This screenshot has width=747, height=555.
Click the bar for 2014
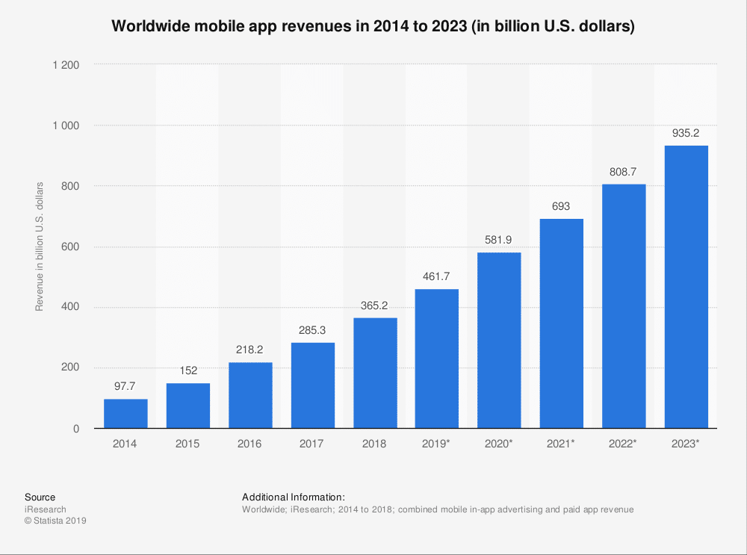click(125, 414)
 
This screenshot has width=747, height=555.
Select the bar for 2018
click(375, 373)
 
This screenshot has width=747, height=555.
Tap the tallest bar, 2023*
click(686, 287)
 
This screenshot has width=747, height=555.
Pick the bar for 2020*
click(499, 341)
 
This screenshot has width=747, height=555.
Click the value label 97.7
click(125, 388)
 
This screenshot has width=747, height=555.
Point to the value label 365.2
click(375, 306)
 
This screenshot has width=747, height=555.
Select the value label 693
click(562, 207)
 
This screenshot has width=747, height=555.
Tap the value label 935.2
click(686, 134)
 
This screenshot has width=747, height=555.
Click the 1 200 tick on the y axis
click(66, 65)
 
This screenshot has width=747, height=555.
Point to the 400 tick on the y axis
click(71, 307)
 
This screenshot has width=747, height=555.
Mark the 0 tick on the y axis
click(76, 429)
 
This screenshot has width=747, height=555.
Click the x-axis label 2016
click(250, 444)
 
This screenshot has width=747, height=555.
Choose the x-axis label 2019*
click(437, 444)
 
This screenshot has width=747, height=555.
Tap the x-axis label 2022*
click(624, 444)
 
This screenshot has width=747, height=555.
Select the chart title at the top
click(373, 27)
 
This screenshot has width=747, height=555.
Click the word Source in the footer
click(40, 497)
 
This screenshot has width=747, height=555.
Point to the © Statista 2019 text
click(56, 521)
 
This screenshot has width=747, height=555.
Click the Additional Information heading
click(294, 497)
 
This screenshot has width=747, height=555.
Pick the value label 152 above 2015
click(188, 371)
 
